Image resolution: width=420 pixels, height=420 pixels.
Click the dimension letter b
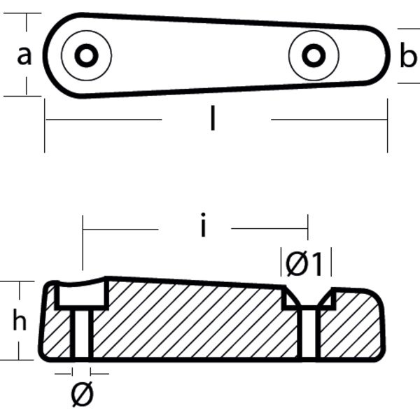click(407, 57)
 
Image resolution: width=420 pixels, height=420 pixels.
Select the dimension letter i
click(203, 227)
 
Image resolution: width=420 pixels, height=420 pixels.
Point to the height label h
click(20, 321)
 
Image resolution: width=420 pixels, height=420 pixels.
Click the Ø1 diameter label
click(304, 265)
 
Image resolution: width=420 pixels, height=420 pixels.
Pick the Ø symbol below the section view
click(82, 396)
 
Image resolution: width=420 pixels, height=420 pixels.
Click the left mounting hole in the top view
click(86, 55)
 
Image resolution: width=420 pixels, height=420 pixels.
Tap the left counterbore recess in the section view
click(81, 295)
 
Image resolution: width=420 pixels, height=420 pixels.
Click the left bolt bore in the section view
click(82, 333)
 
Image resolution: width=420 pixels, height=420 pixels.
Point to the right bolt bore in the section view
click(308, 334)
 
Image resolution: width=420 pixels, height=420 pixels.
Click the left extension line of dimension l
click(45, 126)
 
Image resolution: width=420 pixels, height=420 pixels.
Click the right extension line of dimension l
click(387, 126)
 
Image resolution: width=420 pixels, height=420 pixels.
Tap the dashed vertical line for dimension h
click(27, 321)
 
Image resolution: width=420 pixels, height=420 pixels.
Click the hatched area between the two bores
click(196, 322)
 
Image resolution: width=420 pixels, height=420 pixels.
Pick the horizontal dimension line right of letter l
click(329, 120)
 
